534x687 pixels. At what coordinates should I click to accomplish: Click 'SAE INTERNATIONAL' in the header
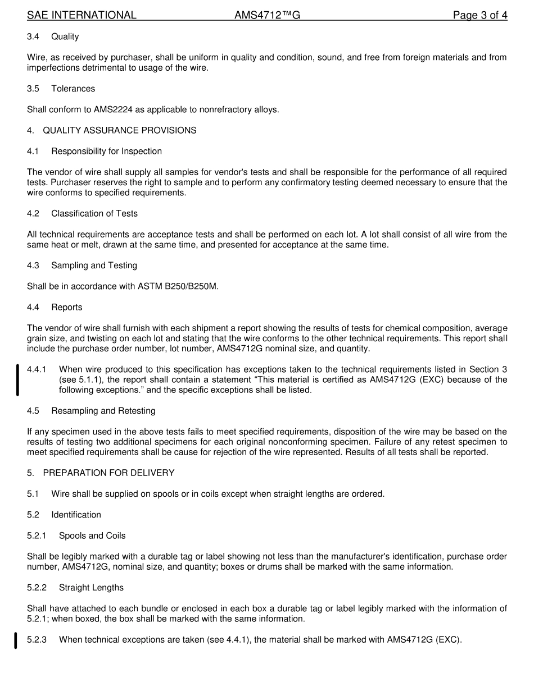[82, 15]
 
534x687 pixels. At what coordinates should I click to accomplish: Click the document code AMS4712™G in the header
[267, 15]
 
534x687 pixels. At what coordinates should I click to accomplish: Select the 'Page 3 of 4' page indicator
[480, 15]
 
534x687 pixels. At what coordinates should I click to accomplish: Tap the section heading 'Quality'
[65, 36]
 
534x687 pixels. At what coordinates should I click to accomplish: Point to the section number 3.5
[33, 89]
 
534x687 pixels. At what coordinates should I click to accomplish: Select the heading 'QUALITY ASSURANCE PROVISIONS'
[119, 130]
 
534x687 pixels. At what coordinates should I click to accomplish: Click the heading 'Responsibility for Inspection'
[106, 151]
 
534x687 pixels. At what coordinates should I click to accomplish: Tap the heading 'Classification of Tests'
[94, 213]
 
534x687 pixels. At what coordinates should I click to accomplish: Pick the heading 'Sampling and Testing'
[94, 265]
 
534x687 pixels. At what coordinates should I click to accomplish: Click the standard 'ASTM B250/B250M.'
[178, 286]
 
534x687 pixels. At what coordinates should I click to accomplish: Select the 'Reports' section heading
[66, 307]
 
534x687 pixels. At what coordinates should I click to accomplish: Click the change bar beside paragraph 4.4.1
[17, 380]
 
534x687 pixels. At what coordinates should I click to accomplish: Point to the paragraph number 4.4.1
[37, 369]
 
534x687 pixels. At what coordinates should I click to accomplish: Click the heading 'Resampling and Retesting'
[103, 411]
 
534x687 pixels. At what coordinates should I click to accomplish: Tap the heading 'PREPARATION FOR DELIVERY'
[108, 473]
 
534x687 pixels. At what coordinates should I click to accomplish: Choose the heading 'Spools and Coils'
[92, 535]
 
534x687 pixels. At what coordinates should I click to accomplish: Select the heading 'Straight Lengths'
[91, 588]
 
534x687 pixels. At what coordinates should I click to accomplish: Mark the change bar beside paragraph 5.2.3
[16, 640]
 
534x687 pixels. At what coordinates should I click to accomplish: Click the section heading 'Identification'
[76, 515]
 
